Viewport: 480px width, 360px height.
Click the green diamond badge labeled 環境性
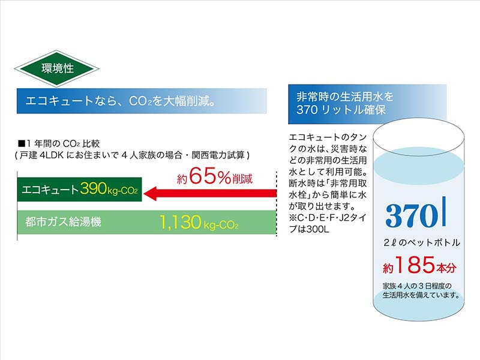[57, 68]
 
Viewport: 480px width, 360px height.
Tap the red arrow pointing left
[210, 193]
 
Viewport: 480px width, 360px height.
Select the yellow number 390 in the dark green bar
[94, 188]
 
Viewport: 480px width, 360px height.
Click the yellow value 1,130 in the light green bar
[181, 222]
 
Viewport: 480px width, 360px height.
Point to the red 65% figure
[210, 176]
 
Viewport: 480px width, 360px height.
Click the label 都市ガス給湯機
[64, 221]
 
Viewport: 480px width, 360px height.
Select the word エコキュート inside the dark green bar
[50, 190]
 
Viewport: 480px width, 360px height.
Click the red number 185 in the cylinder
[415, 265]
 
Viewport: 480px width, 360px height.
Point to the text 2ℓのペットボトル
[422, 243]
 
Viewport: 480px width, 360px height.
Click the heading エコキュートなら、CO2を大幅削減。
[120, 101]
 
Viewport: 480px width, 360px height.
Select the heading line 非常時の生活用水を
[345, 97]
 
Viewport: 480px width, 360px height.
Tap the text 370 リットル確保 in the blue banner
[341, 110]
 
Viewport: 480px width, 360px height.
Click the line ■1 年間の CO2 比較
[59, 143]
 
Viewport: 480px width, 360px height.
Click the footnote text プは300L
[309, 229]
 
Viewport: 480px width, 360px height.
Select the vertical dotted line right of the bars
[277, 203]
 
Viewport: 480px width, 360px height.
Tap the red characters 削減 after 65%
[242, 178]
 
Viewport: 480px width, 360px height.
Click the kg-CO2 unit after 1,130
[221, 226]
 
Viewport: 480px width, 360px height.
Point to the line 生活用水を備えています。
[422, 295]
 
